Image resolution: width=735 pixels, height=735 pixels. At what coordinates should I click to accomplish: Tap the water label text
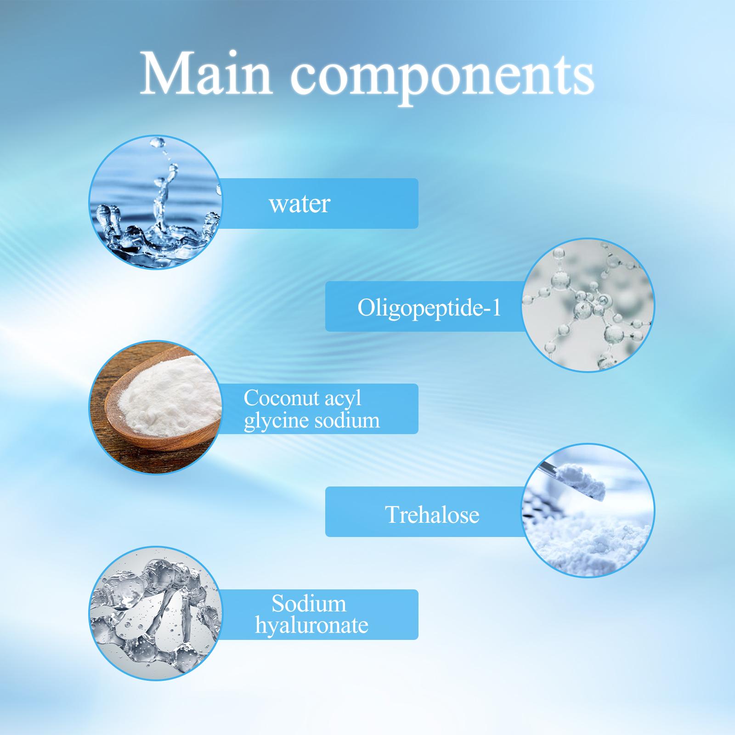tap(300, 204)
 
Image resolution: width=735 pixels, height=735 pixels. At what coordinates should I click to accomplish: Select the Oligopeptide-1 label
tap(429, 308)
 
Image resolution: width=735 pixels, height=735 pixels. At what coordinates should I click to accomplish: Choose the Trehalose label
tap(432, 514)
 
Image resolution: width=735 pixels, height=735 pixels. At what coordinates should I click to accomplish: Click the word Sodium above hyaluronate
tap(309, 604)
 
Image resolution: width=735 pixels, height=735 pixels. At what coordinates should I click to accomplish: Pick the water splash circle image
tap(156, 202)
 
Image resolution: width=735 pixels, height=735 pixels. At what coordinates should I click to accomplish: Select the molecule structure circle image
tap(588, 305)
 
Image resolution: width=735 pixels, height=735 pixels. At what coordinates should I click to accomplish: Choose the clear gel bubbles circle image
tap(156, 613)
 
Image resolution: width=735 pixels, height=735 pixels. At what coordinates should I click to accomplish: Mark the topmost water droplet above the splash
tap(158, 142)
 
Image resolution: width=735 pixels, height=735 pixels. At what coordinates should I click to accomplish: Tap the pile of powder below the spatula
tap(588, 537)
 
